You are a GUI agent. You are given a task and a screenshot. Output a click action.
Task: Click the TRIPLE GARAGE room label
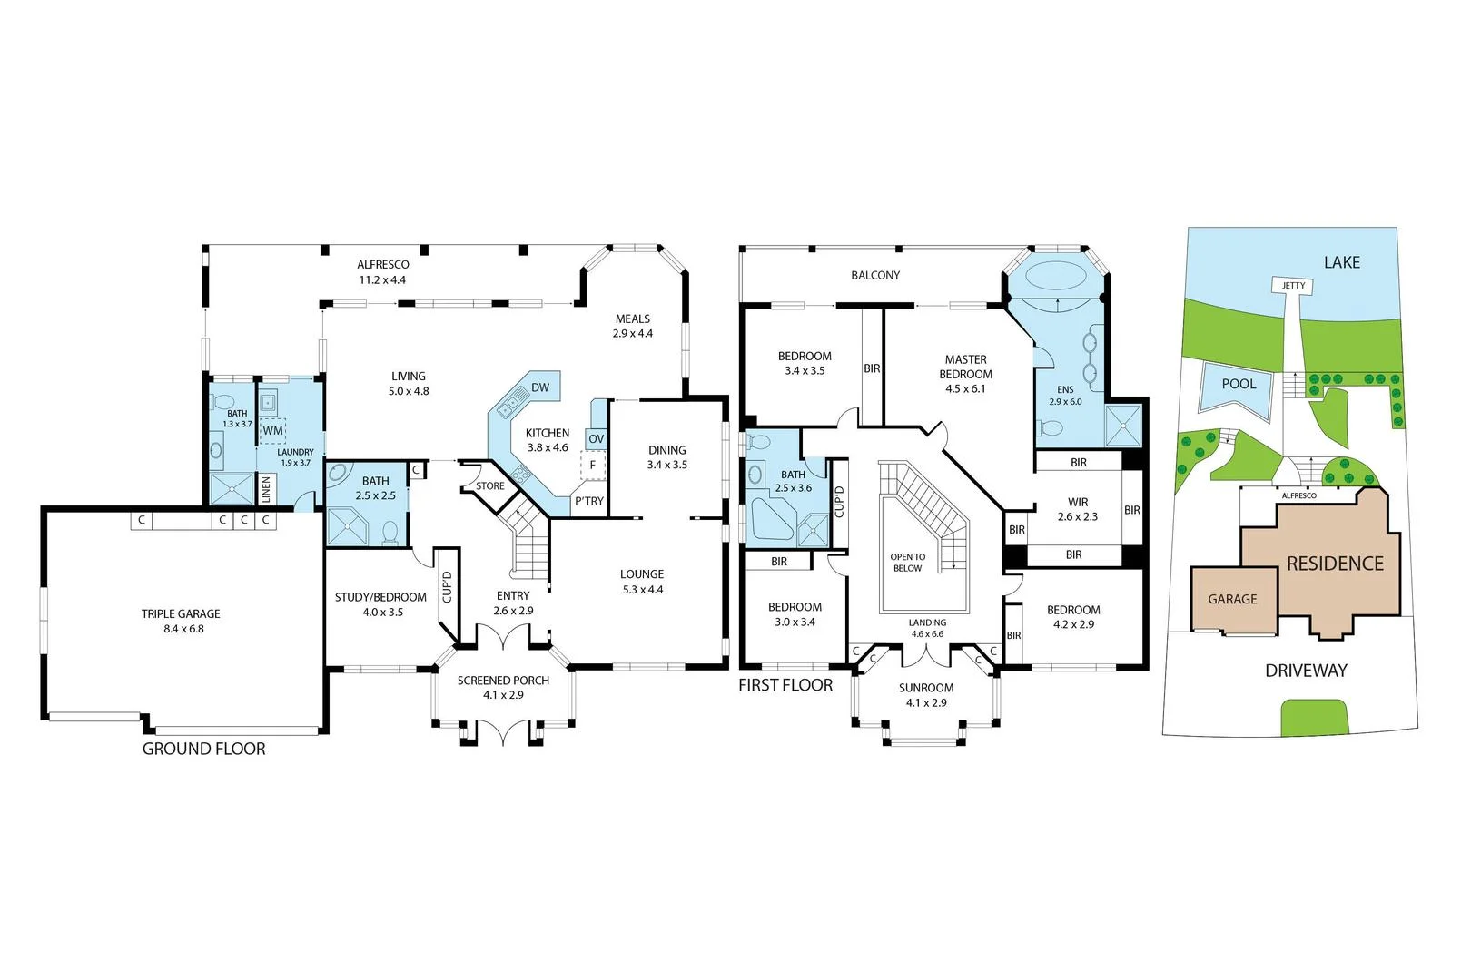[x=180, y=614]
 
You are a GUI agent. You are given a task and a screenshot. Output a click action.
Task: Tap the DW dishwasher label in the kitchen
[x=540, y=387]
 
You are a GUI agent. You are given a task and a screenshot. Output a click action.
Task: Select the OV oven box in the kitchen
[x=596, y=439]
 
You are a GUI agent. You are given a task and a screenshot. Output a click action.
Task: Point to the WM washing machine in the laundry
[x=272, y=430]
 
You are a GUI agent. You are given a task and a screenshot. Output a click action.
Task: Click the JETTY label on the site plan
[x=1293, y=286]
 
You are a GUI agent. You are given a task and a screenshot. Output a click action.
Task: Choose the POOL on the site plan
[x=1239, y=384]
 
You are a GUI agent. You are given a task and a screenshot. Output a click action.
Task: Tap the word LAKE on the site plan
[x=1341, y=262]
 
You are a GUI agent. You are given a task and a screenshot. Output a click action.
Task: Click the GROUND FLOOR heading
[x=204, y=750]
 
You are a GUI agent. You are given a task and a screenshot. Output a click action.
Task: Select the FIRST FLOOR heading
[x=785, y=685]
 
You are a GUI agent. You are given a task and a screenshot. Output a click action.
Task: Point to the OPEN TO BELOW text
[x=908, y=563]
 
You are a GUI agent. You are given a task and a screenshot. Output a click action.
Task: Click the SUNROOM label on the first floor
[x=926, y=688]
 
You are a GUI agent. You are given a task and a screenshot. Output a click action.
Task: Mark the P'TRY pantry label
[x=588, y=502]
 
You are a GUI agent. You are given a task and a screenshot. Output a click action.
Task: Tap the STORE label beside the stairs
[x=490, y=486]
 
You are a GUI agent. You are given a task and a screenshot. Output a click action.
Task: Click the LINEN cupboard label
[x=266, y=490]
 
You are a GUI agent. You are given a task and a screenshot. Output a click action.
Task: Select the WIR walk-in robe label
[x=1078, y=502]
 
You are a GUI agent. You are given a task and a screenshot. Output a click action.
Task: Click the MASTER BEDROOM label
[x=965, y=367]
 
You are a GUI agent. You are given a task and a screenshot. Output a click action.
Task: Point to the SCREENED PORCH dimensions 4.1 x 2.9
[x=503, y=695]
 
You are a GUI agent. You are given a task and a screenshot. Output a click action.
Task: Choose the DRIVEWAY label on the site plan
[x=1306, y=671]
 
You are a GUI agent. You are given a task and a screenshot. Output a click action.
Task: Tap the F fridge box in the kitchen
[x=592, y=465]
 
